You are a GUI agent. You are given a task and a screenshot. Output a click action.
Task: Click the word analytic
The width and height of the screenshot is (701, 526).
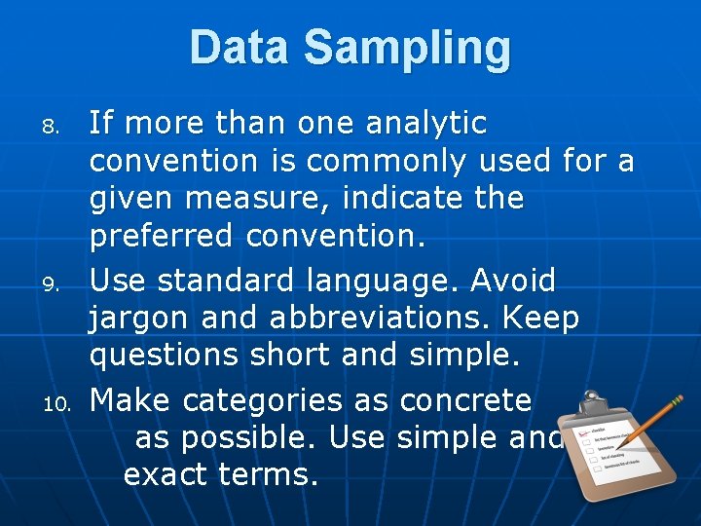pyautogui.click(x=425, y=124)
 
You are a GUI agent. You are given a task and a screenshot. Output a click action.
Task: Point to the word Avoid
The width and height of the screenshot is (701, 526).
pyautogui.click(x=513, y=281)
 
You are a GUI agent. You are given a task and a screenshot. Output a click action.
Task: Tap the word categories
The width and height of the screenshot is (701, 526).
pyautogui.click(x=262, y=399)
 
